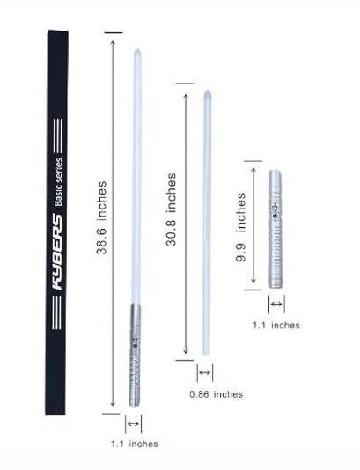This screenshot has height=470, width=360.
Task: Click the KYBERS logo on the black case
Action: [x=57, y=252]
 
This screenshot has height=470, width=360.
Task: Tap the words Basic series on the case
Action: [x=58, y=182]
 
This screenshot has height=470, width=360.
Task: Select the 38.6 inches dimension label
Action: [x=101, y=217]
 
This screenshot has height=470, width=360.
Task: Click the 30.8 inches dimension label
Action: [x=171, y=209]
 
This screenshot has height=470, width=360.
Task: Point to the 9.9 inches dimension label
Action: [x=240, y=227]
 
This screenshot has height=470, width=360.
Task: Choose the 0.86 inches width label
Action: [x=217, y=394]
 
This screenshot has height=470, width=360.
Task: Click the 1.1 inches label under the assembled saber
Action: [x=135, y=444]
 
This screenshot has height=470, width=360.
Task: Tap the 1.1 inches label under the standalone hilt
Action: [x=276, y=326]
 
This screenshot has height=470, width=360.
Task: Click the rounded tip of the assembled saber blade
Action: [x=137, y=51]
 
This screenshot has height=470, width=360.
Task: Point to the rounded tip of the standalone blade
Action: [x=207, y=92]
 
